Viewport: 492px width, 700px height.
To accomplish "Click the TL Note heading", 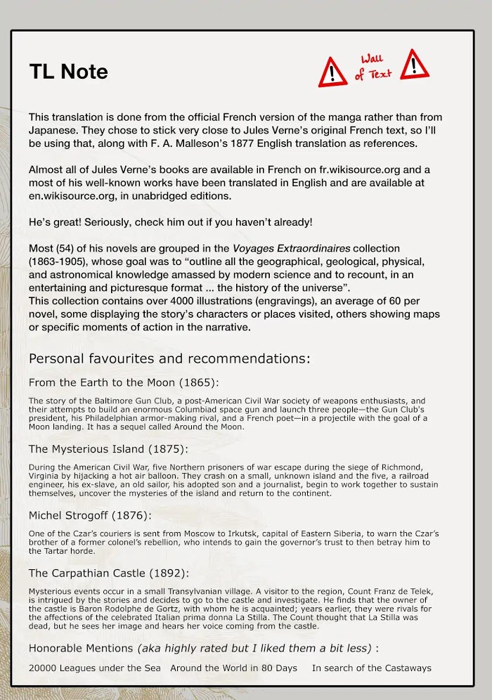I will pyautogui.click(x=68, y=71).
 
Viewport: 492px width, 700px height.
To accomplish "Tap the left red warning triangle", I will pyautogui.click(x=332, y=72).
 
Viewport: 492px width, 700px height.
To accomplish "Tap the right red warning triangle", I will pyautogui.click(x=414, y=64).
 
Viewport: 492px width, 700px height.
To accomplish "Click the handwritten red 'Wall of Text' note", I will pyautogui.click(x=373, y=67).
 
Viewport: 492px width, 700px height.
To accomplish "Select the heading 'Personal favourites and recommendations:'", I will pyautogui.click(x=169, y=358).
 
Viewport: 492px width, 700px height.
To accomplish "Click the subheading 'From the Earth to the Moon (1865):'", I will pyautogui.click(x=124, y=382).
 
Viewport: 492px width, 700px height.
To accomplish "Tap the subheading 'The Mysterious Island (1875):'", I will pyautogui.click(x=108, y=448).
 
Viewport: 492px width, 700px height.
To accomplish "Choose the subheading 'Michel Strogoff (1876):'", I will pyautogui.click(x=90, y=515).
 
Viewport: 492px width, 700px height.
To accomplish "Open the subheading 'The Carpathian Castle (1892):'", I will pyautogui.click(x=108, y=573).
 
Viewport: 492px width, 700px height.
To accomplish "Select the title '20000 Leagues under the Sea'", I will pyautogui.click(x=94, y=668).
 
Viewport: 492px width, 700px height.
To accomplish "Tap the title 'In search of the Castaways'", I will pyautogui.click(x=371, y=668).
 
